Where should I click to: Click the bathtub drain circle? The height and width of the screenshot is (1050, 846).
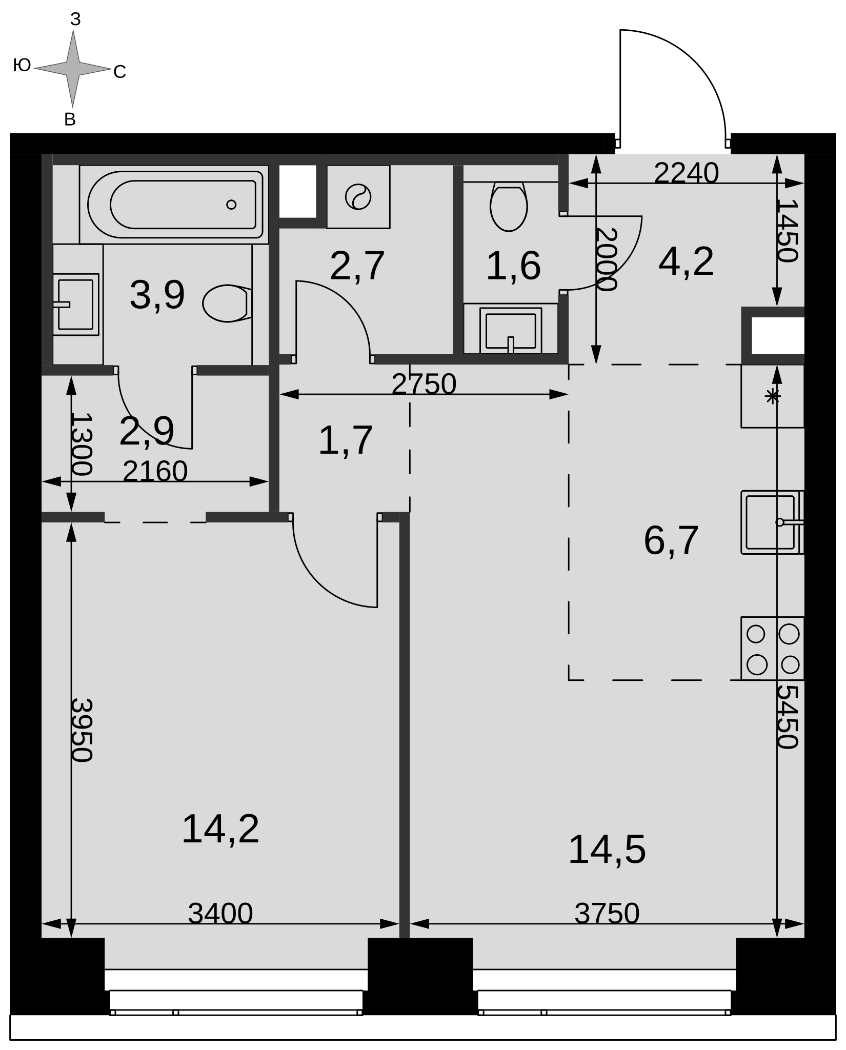pos(231,205)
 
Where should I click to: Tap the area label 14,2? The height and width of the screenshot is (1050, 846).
pos(220,829)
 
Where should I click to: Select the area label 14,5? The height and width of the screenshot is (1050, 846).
pos(607,850)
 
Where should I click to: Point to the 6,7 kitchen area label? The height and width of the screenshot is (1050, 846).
pos(671,540)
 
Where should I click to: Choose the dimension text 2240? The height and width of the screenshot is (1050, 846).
pos(686,173)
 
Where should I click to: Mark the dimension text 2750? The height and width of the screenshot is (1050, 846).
pos(424,384)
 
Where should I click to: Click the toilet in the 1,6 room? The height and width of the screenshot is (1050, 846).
pos(509,206)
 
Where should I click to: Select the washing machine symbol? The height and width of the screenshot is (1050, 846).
pos(358,197)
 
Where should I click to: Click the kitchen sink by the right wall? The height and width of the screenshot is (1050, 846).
pos(772,522)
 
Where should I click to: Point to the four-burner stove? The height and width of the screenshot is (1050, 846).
pos(773,649)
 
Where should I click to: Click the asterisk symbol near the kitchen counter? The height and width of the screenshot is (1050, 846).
pos(772,396)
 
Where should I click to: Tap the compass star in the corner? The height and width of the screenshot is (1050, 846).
pos(73,68)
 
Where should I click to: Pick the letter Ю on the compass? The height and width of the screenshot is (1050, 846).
pos(22,66)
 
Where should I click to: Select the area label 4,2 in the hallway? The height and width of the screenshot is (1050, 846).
pos(686,262)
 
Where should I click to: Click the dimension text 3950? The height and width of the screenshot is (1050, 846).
pos(81,730)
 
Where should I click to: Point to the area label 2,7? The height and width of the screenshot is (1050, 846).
pos(357,266)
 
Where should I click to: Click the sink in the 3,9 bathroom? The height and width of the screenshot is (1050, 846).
pos(76,305)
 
